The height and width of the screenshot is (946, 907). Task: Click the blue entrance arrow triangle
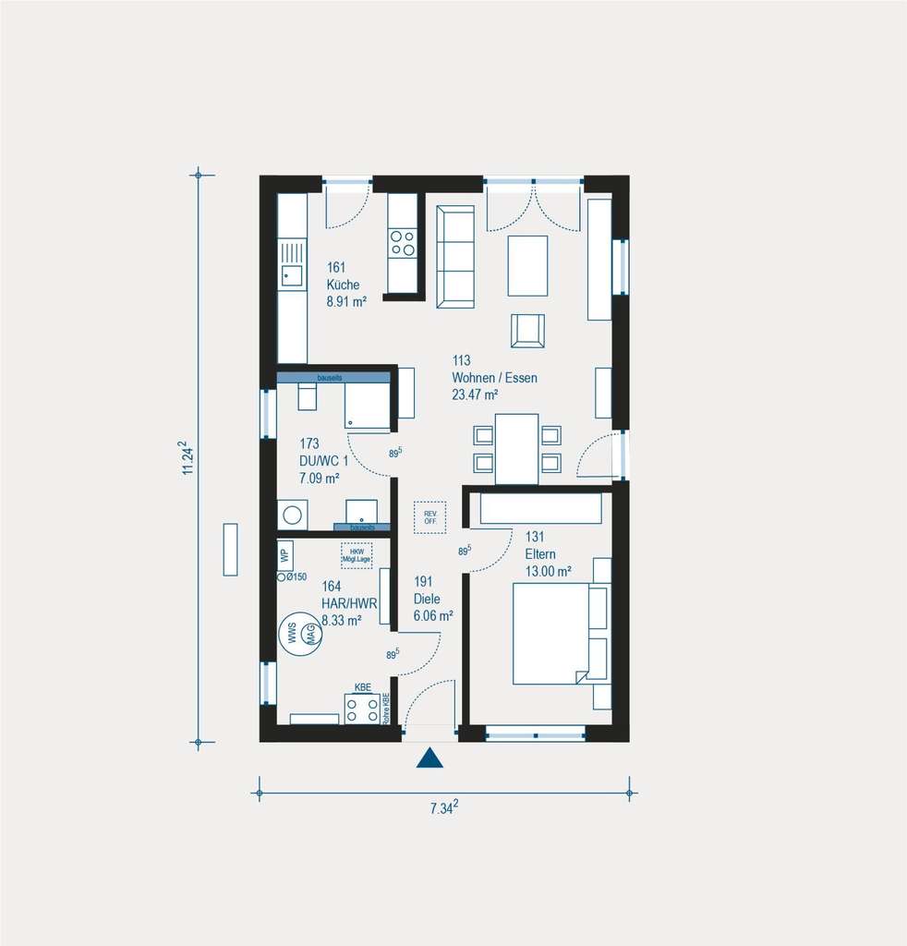(x=429, y=758)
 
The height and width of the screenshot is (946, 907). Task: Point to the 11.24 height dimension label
(x=188, y=457)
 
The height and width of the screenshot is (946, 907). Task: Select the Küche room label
(x=343, y=285)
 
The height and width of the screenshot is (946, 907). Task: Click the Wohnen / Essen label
(x=494, y=378)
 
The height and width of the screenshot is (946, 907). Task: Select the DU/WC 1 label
(x=324, y=461)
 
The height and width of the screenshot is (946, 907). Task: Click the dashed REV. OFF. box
(x=429, y=517)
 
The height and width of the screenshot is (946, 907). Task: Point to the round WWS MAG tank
(x=302, y=635)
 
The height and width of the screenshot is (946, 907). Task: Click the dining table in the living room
(x=516, y=448)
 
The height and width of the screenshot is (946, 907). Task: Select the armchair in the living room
(x=527, y=331)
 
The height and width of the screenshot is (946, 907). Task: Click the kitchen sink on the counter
(x=292, y=275)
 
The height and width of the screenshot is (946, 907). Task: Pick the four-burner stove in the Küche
(x=402, y=243)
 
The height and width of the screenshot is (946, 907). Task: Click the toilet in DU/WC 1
(x=307, y=395)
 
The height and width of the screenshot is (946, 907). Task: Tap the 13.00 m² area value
(x=549, y=570)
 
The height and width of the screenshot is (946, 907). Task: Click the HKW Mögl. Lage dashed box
(x=357, y=555)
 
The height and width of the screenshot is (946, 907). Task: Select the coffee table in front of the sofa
(x=527, y=265)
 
